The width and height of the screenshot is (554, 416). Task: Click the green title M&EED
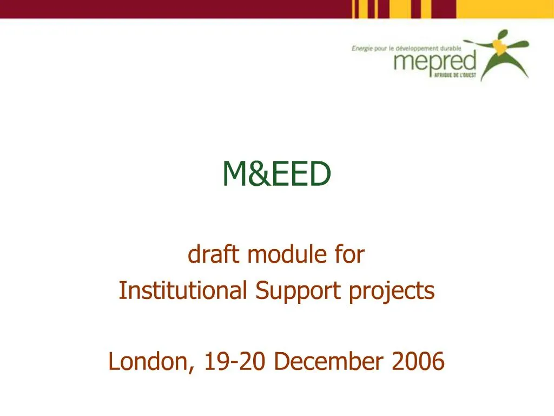tap(276, 174)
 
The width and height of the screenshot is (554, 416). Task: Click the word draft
tap(213, 255)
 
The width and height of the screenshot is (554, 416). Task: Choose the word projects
tap(391, 291)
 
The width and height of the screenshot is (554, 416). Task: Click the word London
tap(149, 361)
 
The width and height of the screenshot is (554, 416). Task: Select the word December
tap(329, 361)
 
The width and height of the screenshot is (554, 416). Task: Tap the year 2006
tap(419, 361)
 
